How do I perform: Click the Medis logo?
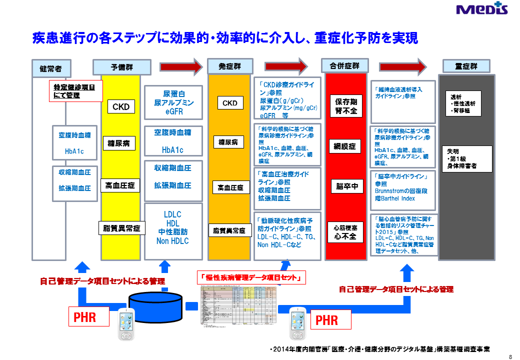pos(482,9)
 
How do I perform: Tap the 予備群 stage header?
pos(121,67)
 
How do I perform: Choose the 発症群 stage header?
pos(230,66)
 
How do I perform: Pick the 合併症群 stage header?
pos(344,66)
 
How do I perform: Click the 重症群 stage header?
pos(466,66)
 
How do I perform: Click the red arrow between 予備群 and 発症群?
pos(181,66)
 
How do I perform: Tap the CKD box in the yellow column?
pos(121,106)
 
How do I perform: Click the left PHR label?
pos(88,317)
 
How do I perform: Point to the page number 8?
pos(510,356)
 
